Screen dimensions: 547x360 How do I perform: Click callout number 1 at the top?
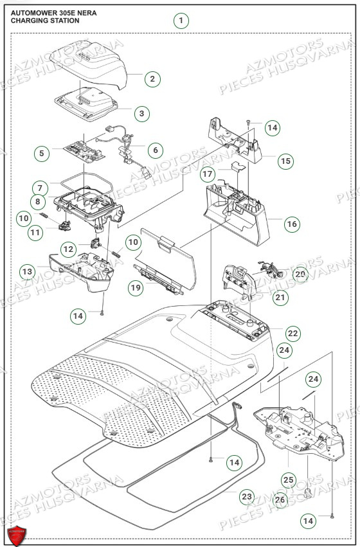(182, 21)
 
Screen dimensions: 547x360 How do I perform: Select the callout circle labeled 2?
(152, 79)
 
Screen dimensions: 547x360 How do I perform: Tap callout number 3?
(141, 114)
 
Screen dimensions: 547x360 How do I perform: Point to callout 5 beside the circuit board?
(42, 153)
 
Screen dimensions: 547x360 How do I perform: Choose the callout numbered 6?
(155, 149)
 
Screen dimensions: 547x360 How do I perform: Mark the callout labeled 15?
(286, 161)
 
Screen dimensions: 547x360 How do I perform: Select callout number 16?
(292, 224)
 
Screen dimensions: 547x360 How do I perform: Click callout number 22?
(292, 333)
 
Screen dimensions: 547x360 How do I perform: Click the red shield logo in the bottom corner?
(17, 535)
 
